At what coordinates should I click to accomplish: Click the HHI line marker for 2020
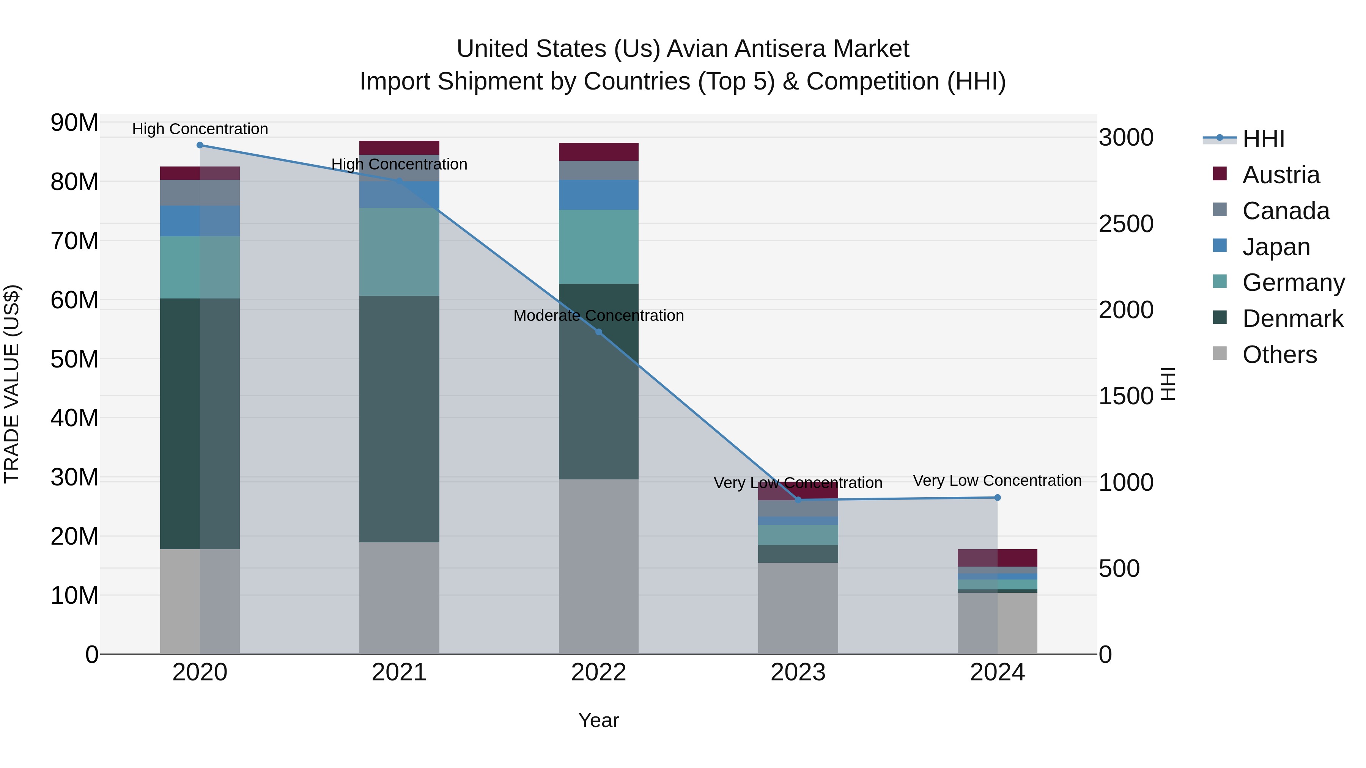point(200,145)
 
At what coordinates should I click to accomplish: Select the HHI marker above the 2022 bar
point(599,332)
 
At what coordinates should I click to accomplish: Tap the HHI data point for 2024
point(998,498)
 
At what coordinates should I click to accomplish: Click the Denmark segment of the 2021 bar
point(399,419)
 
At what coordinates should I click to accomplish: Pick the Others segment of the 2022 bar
point(599,567)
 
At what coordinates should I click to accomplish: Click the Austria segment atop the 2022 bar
point(599,152)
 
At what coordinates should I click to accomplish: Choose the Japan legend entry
point(1276,247)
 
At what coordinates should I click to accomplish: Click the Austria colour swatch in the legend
point(1220,174)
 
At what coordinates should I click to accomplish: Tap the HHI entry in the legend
point(1263,139)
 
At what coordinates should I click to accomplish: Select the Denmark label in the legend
point(1293,319)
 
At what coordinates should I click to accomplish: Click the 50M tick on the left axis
point(74,360)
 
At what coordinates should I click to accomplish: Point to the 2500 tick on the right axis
point(1125,224)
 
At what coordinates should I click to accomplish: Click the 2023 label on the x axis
point(798,672)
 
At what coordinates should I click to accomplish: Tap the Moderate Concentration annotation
point(599,316)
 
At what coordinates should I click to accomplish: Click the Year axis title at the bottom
point(599,720)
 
